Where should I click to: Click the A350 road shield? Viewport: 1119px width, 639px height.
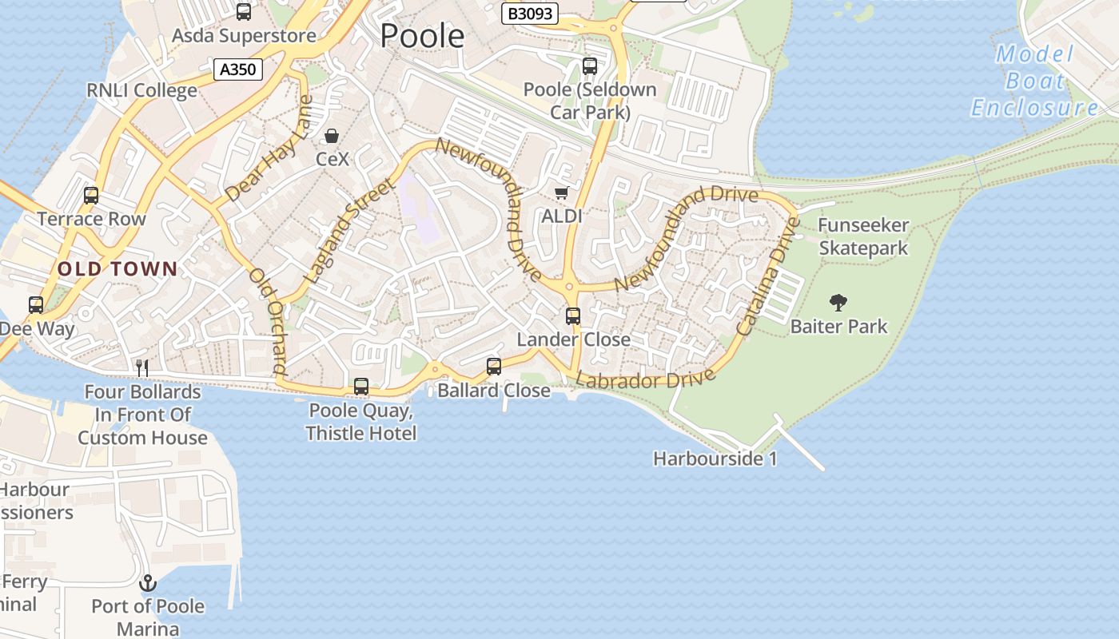(238, 69)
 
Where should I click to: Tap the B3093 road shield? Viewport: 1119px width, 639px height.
(530, 14)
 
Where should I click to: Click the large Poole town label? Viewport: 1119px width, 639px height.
(422, 36)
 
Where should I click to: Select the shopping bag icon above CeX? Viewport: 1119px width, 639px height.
(332, 136)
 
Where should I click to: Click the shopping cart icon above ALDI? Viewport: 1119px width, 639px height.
(562, 192)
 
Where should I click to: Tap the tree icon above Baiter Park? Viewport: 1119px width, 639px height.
(838, 303)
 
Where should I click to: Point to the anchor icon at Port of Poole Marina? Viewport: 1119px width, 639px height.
(147, 583)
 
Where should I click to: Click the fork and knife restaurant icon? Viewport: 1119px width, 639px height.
(142, 367)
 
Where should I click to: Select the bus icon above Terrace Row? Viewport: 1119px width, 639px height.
(91, 196)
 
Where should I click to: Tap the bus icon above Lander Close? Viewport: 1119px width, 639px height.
(573, 316)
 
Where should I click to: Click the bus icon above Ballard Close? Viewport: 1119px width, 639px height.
(494, 367)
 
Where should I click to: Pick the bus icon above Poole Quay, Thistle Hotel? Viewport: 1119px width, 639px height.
(361, 387)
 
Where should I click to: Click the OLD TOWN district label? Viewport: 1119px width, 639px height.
(117, 268)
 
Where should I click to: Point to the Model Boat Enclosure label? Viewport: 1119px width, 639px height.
(1035, 81)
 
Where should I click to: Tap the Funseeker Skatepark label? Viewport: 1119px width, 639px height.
(863, 237)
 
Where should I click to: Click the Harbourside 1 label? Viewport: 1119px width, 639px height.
(715, 459)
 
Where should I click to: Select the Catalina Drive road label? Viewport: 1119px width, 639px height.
(767, 276)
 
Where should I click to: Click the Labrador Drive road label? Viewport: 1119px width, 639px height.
(645, 379)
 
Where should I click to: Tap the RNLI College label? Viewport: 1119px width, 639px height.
(142, 90)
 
